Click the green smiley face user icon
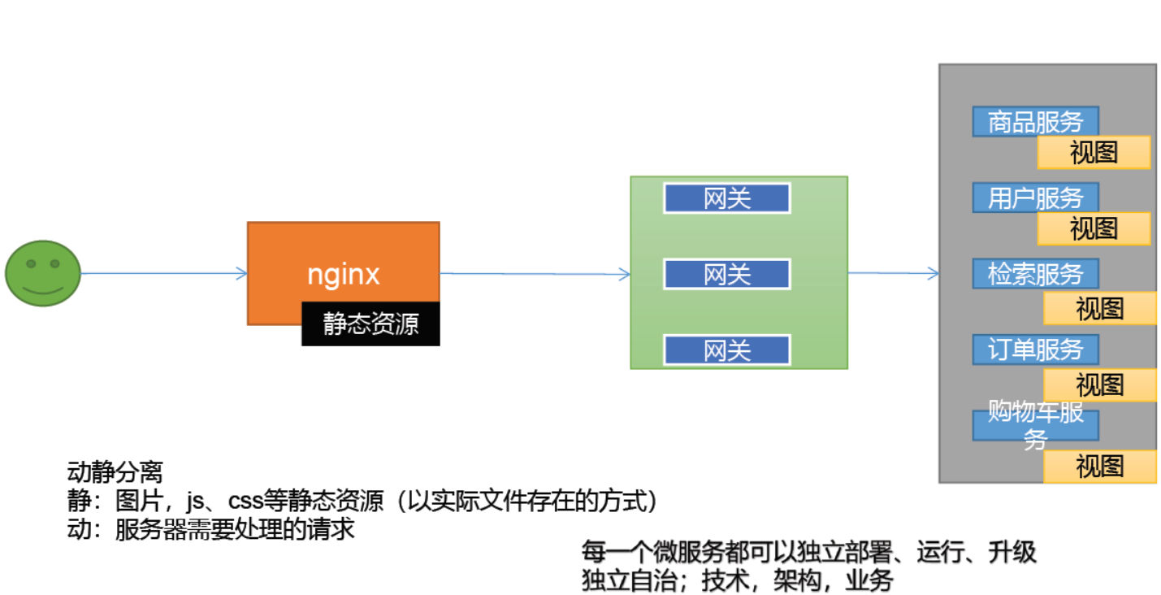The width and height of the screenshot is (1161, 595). [x=43, y=273]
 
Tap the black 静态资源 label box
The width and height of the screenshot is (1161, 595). [x=370, y=324]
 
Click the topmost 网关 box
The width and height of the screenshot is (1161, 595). [x=727, y=198]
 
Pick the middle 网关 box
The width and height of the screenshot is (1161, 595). [x=727, y=274]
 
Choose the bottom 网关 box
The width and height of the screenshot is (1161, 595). [x=727, y=350]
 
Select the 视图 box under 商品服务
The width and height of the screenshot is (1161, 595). [x=1094, y=152]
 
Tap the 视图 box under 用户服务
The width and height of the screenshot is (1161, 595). [x=1094, y=228]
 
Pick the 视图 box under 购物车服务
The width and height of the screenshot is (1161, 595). [x=1099, y=467]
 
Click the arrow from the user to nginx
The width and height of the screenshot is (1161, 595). [x=162, y=274]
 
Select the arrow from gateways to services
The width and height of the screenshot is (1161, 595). [x=893, y=273]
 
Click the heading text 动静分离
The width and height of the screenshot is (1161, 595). [x=115, y=472]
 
